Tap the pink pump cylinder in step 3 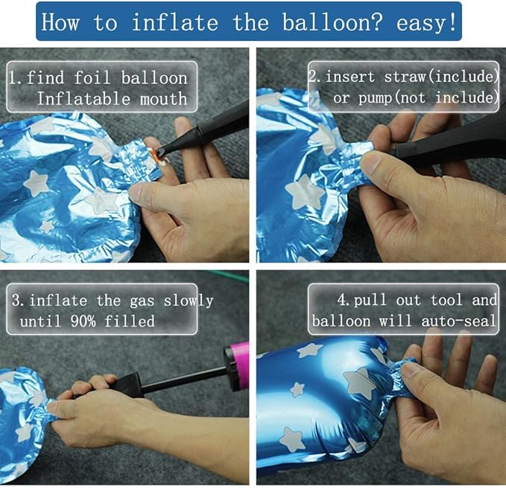238,366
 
